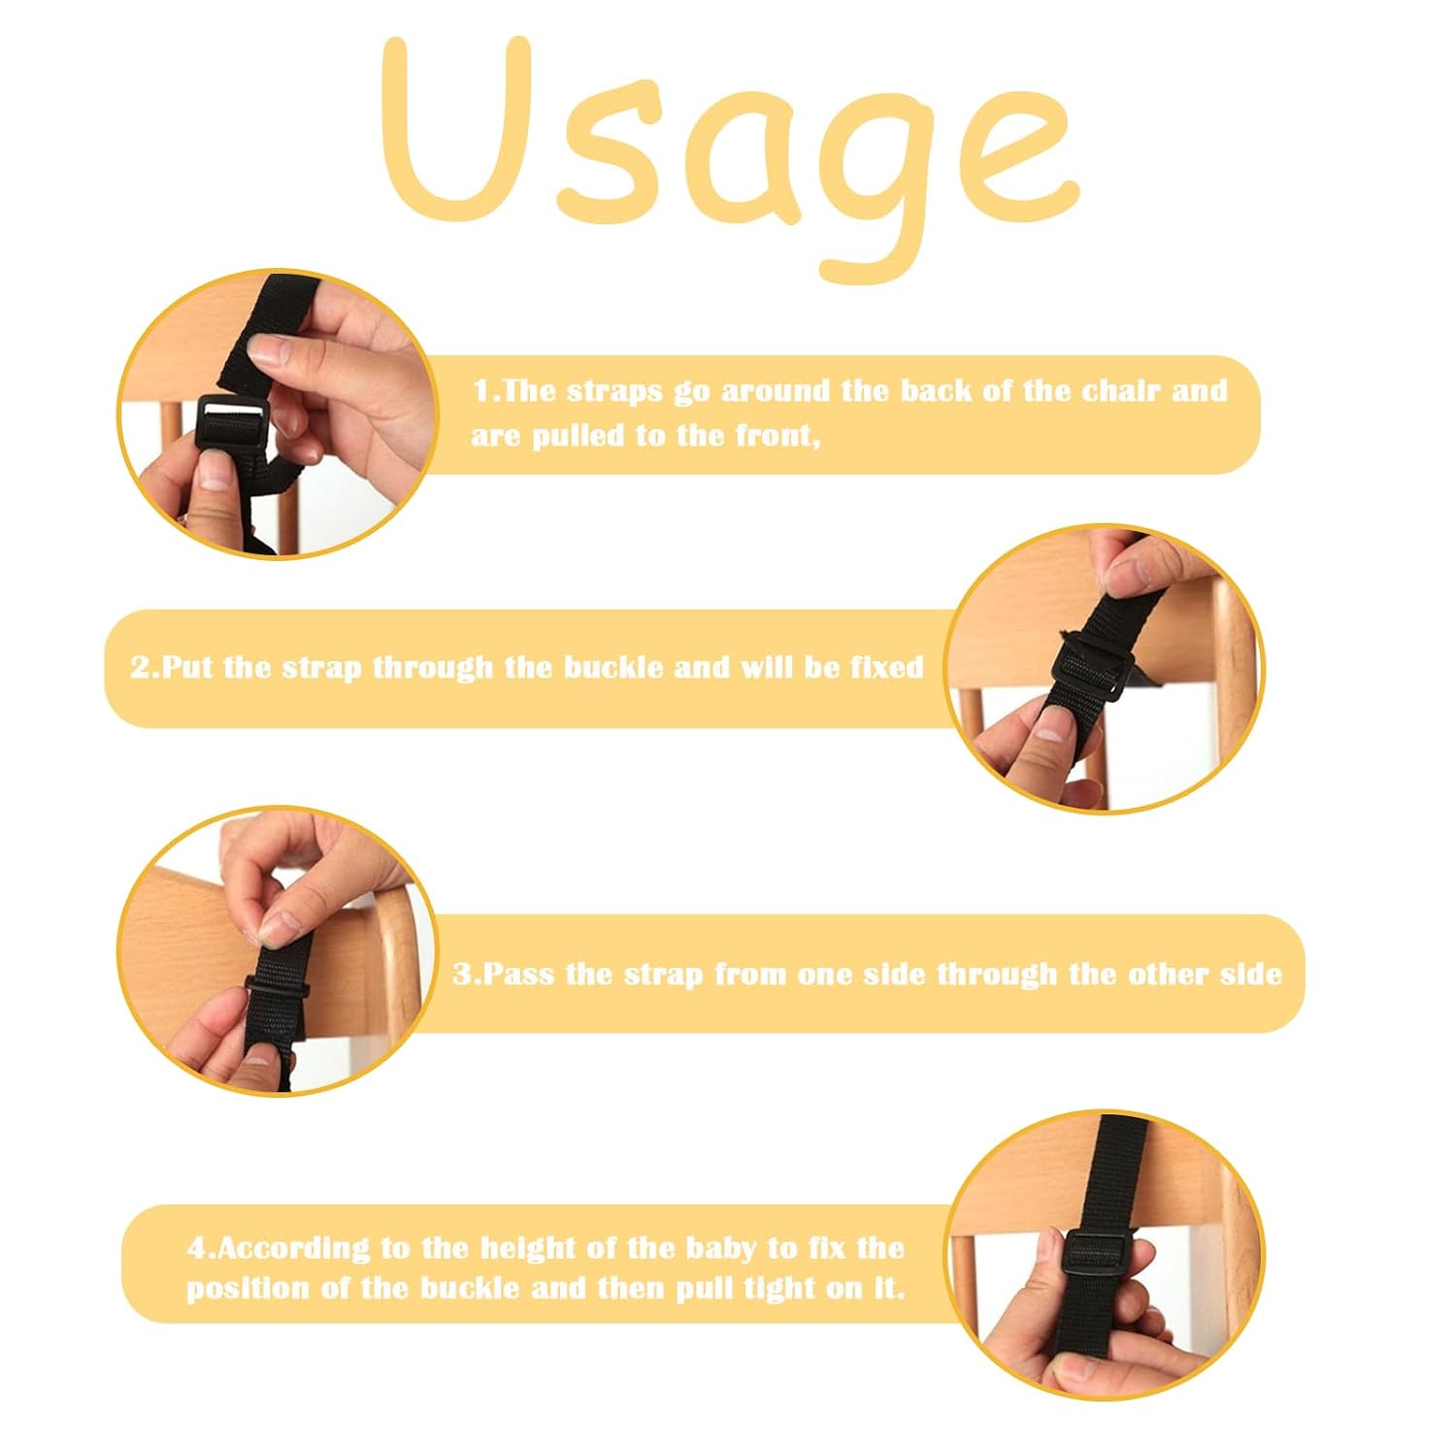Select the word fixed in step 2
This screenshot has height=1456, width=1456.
tap(886, 668)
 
